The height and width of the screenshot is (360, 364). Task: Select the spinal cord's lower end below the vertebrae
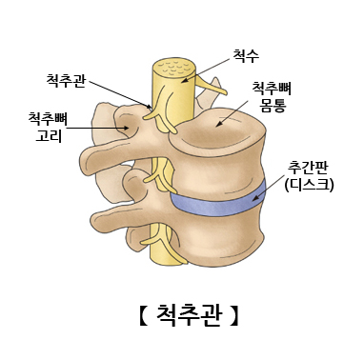172,252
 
